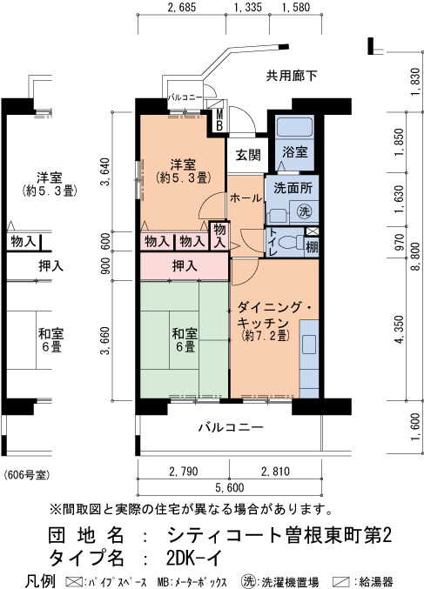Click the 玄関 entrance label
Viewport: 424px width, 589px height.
point(248,154)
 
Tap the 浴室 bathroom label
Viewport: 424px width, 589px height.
point(295,151)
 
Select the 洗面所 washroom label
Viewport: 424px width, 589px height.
point(293,187)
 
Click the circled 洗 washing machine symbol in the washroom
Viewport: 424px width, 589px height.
point(305,211)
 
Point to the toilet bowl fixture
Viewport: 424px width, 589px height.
point(291,242)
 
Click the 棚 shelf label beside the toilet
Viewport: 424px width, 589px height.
point(312,248)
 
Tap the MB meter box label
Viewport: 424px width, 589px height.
point(219,120)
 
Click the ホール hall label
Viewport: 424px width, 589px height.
point(246,198)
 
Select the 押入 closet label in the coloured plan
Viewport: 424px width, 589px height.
point(185,266)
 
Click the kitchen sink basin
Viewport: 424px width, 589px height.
point(309,344)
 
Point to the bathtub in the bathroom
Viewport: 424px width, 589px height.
point(294,127)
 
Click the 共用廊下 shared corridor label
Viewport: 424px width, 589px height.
point(292,76)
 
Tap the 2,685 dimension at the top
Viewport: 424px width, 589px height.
point(182,7)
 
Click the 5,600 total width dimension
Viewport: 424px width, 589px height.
point(230,487)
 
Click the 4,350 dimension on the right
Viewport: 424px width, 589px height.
point(400,330)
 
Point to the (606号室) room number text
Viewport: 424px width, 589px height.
point(27,475)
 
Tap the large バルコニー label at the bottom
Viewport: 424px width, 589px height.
point(231,427)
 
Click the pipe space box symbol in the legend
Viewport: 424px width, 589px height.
point(74,582)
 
